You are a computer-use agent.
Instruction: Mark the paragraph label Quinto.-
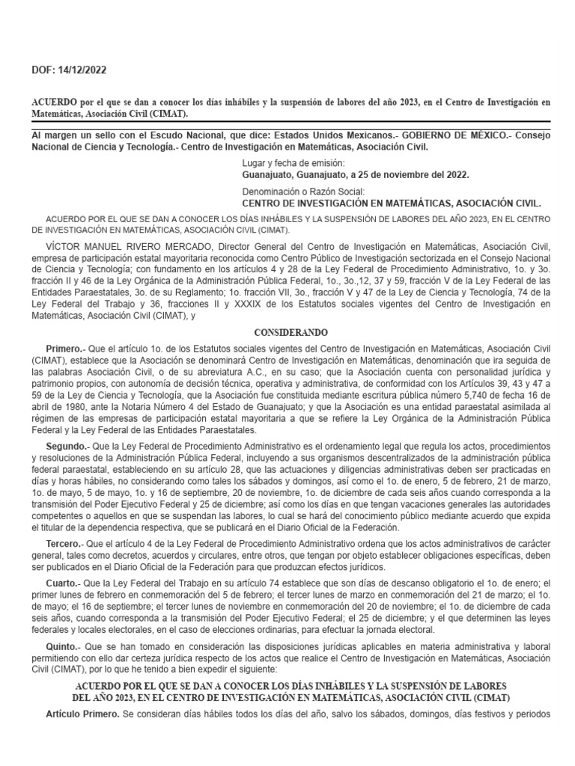click(64, 645)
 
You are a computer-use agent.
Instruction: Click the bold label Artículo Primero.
click(82, 713)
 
